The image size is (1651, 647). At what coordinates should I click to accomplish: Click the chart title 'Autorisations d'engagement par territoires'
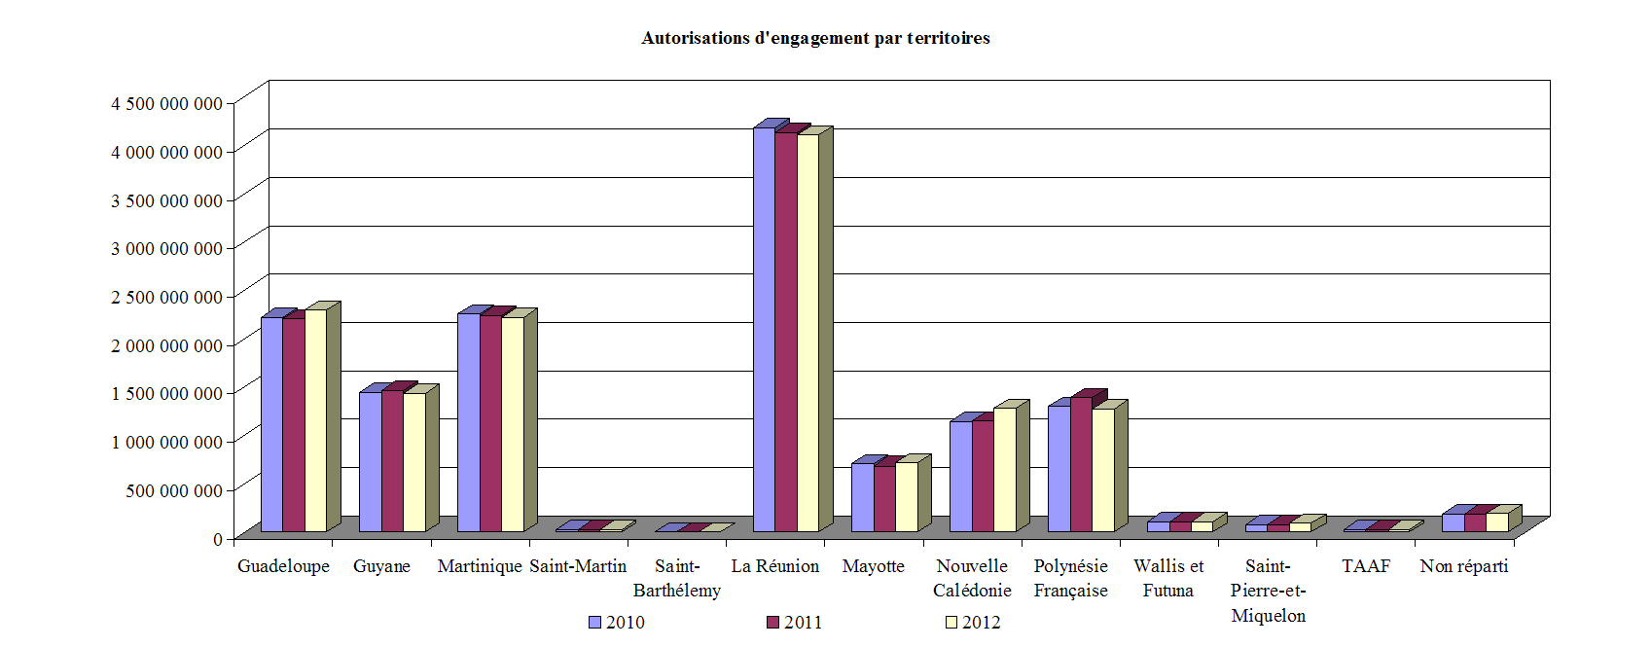[x=815, y=38]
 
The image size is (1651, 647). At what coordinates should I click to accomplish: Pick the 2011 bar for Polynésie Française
[x=1081, y=464]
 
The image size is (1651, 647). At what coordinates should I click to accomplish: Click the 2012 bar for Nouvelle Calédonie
[x=1004, y=469]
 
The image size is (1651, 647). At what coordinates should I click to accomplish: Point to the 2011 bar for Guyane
[x=392, y=461]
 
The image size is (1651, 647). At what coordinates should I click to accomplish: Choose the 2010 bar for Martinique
[x=468, y=422]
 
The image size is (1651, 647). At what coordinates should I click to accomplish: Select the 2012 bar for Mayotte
[x=906, y=496]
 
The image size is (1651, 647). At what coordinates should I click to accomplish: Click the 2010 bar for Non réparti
[x=1453, y=522]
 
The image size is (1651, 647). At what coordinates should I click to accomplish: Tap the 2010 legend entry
[x=617, y=623]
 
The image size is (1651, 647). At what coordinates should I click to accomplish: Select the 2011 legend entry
[x=795, y=623]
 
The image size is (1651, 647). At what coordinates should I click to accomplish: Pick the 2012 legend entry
[x=973, y=623]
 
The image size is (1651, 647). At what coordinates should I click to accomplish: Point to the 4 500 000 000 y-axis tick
[x=166, y=104]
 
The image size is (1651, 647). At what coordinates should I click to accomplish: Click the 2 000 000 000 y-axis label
[x=166, y=345]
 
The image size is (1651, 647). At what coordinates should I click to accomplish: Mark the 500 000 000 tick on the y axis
[x=173, y=490]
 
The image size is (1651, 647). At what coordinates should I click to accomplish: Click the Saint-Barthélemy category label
[x=677, y=578]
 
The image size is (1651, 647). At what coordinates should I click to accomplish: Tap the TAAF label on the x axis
[x=1366, y=566]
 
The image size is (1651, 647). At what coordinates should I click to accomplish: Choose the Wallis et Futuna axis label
[x=1168, y=578]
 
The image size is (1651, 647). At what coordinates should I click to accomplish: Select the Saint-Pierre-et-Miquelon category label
[x=1268, y=591]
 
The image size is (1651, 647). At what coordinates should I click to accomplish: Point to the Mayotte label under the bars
[x=874, y=566]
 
